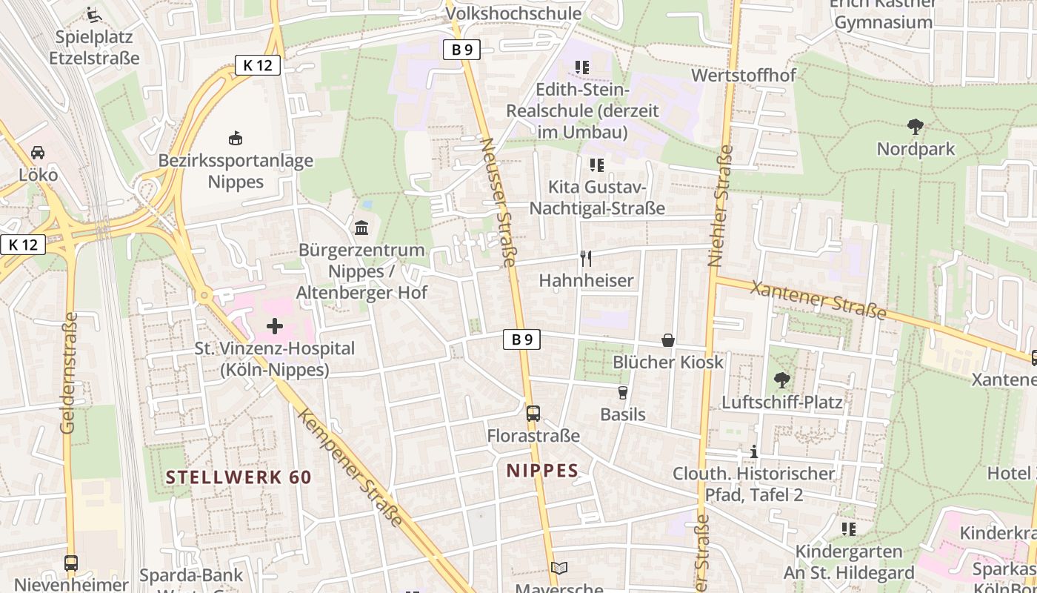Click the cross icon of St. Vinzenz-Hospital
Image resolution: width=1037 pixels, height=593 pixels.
pyautogui.click(x=275, y=325)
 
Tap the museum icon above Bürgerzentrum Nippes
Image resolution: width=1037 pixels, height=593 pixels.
pyautogui.click(x=361, y=228)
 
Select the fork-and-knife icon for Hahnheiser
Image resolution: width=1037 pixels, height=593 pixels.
pyautogui.click(x=586, y=258)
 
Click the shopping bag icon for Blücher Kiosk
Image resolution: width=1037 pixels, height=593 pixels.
pyautogui.click(x=668, y=340)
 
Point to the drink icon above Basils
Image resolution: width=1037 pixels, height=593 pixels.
pyautogui.click(x=622, y=392)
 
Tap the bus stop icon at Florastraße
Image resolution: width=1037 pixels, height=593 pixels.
pyautogui.click(x=533, y=413)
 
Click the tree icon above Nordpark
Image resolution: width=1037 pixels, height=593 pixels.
pyautogui.click(x=916, y=127)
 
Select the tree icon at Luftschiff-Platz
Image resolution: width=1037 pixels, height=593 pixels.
pyautogui.click(x=781, y=380)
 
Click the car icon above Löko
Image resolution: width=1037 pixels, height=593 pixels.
pyautogui.click(x=38, y=153)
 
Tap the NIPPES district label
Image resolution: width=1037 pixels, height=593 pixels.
pyautogui.click(x=542, y=471)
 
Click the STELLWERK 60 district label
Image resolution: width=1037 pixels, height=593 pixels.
pyautogui.click(x=239, y=477)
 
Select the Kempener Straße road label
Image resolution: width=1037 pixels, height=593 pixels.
pyautogui.click(x=350, y=466)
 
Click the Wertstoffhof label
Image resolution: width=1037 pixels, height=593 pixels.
pyautogui.click(x=743, y=76)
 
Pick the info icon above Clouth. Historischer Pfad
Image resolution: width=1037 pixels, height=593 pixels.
pyautogui.click(x=754, y=451)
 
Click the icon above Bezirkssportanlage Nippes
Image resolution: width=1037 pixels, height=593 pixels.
pyautogui.click(x=235, y=138)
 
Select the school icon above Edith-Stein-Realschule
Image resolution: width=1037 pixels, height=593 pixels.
pyautogui.click(x=582, y=67)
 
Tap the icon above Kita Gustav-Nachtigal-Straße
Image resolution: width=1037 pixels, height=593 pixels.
pyautogui.click(x=597, y=165)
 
